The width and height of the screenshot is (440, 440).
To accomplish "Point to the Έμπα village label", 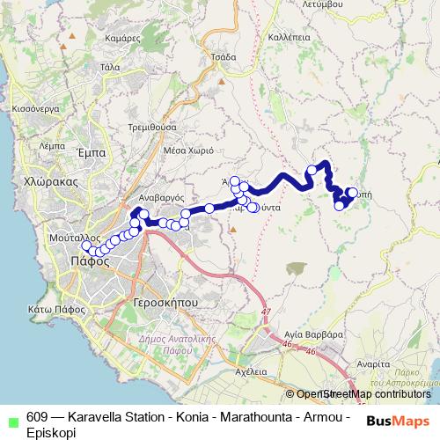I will [92, 153].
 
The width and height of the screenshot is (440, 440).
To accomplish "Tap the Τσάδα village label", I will [224, 55].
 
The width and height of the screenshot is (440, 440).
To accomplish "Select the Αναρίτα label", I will [374, 363].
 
